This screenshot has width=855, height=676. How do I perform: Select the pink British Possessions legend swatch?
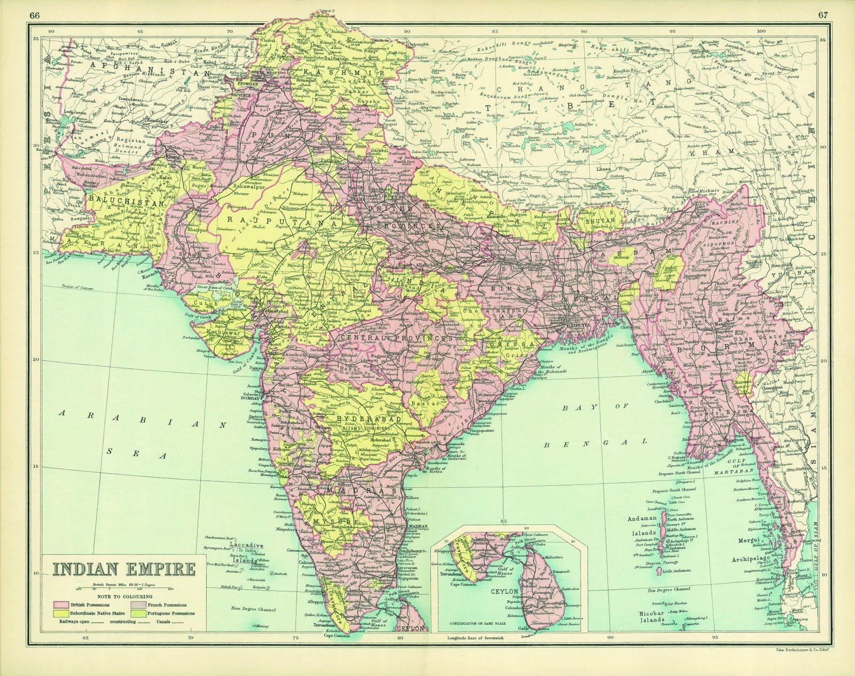[x=60, y=603]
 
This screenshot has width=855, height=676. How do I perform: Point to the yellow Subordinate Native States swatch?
[x=60, y=613]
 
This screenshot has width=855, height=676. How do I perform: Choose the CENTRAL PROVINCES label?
[x=396, y=339]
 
